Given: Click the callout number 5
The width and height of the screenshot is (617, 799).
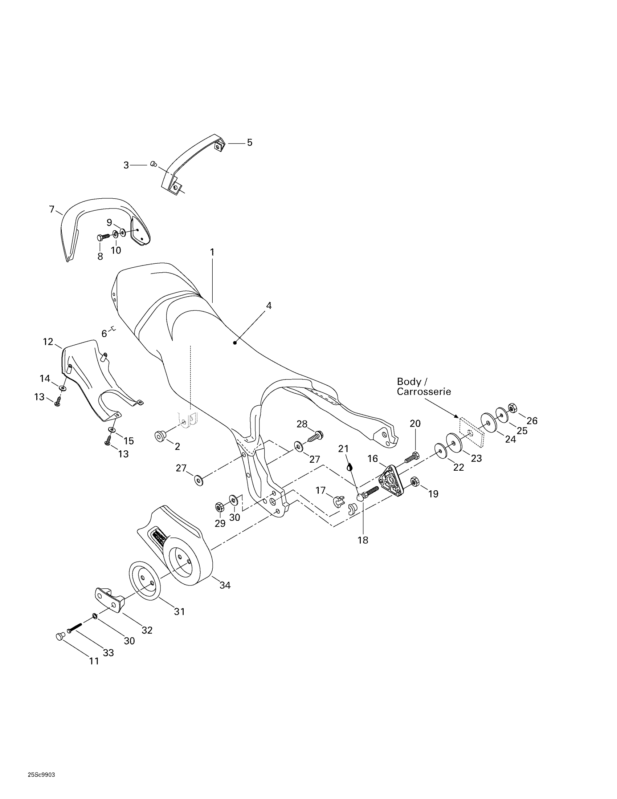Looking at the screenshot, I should pos(250,143).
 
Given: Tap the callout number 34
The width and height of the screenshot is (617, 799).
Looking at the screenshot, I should pos(225,585).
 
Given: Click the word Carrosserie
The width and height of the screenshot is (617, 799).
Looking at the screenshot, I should pos(424,392).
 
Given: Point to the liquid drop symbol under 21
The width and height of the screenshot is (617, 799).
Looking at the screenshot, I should pos(350,467).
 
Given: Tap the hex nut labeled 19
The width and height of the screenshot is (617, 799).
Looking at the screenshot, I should pos(414,481).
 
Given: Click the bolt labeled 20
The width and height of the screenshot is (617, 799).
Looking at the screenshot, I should pos(412,457).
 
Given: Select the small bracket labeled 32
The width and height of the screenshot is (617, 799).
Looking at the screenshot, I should pos(110,600).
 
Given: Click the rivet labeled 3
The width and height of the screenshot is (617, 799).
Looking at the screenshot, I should pos(154,164).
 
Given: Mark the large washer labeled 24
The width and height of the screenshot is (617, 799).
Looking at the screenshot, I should pos(488,422).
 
